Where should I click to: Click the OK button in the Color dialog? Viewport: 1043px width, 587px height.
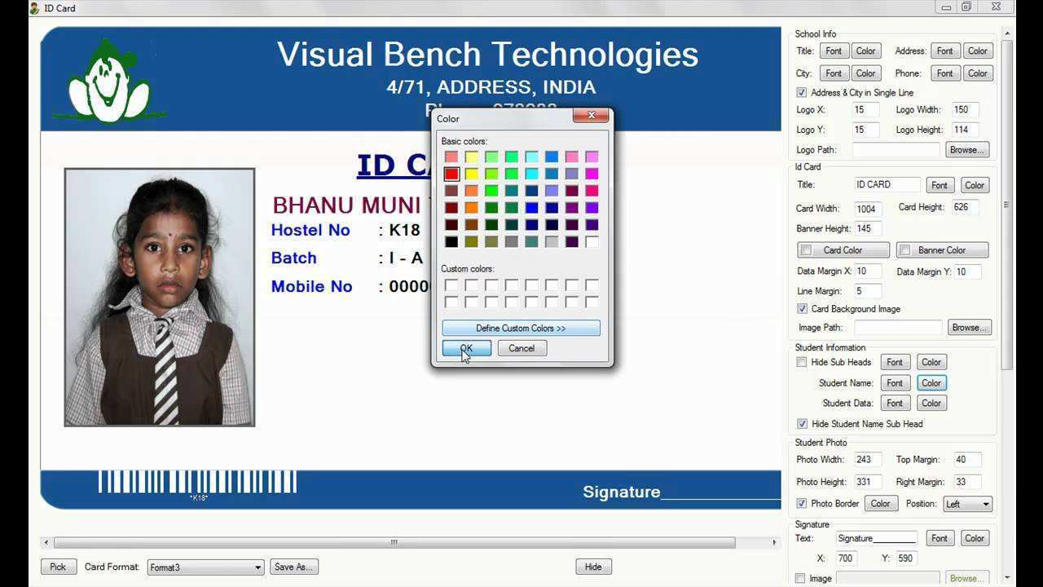pos(466,348)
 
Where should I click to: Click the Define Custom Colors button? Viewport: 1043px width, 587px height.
pos(521,328)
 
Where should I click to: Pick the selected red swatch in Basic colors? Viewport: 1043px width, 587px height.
pos(451,174)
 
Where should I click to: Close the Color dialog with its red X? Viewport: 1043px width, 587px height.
pos(591,116)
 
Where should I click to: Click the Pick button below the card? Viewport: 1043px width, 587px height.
pos(58,567)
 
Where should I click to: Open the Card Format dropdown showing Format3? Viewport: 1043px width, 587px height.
pos(205,567)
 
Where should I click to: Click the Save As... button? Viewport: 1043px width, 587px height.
pos(294,567)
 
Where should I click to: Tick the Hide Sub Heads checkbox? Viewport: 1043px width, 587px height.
pos(802,362)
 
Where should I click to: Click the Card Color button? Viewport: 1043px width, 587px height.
pos(843,250)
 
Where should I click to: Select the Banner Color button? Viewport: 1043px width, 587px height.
pos(942,250)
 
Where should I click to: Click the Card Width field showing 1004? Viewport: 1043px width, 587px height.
pos(868,209)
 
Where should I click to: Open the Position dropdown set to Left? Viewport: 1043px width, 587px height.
pos(967,504)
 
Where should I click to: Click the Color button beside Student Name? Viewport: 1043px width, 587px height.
pos(931,382)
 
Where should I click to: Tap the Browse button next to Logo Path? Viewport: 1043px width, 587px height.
pos(967,150)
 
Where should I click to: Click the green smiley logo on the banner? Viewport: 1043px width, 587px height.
pos(109,82)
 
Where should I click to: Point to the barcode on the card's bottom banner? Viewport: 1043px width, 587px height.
pos(197,482)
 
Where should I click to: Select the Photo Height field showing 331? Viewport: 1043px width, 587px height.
pos(865,482)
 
